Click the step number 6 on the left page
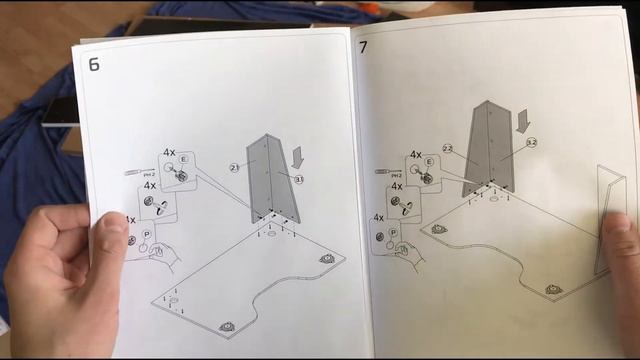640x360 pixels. click(x=94, y=67)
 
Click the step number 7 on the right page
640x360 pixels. click(x=365, y=48)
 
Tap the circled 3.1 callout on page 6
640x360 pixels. click(x=299, y=178)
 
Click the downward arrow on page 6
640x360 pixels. click(x=298, y=156)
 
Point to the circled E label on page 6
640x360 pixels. click(x=184, y=160)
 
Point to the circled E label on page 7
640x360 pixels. click(x=430, y=162)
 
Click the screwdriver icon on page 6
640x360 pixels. click(x=131, y=173)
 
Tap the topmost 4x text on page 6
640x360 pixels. click(x=169, y=155)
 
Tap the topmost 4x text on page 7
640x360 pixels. click(x=415, y=155)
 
